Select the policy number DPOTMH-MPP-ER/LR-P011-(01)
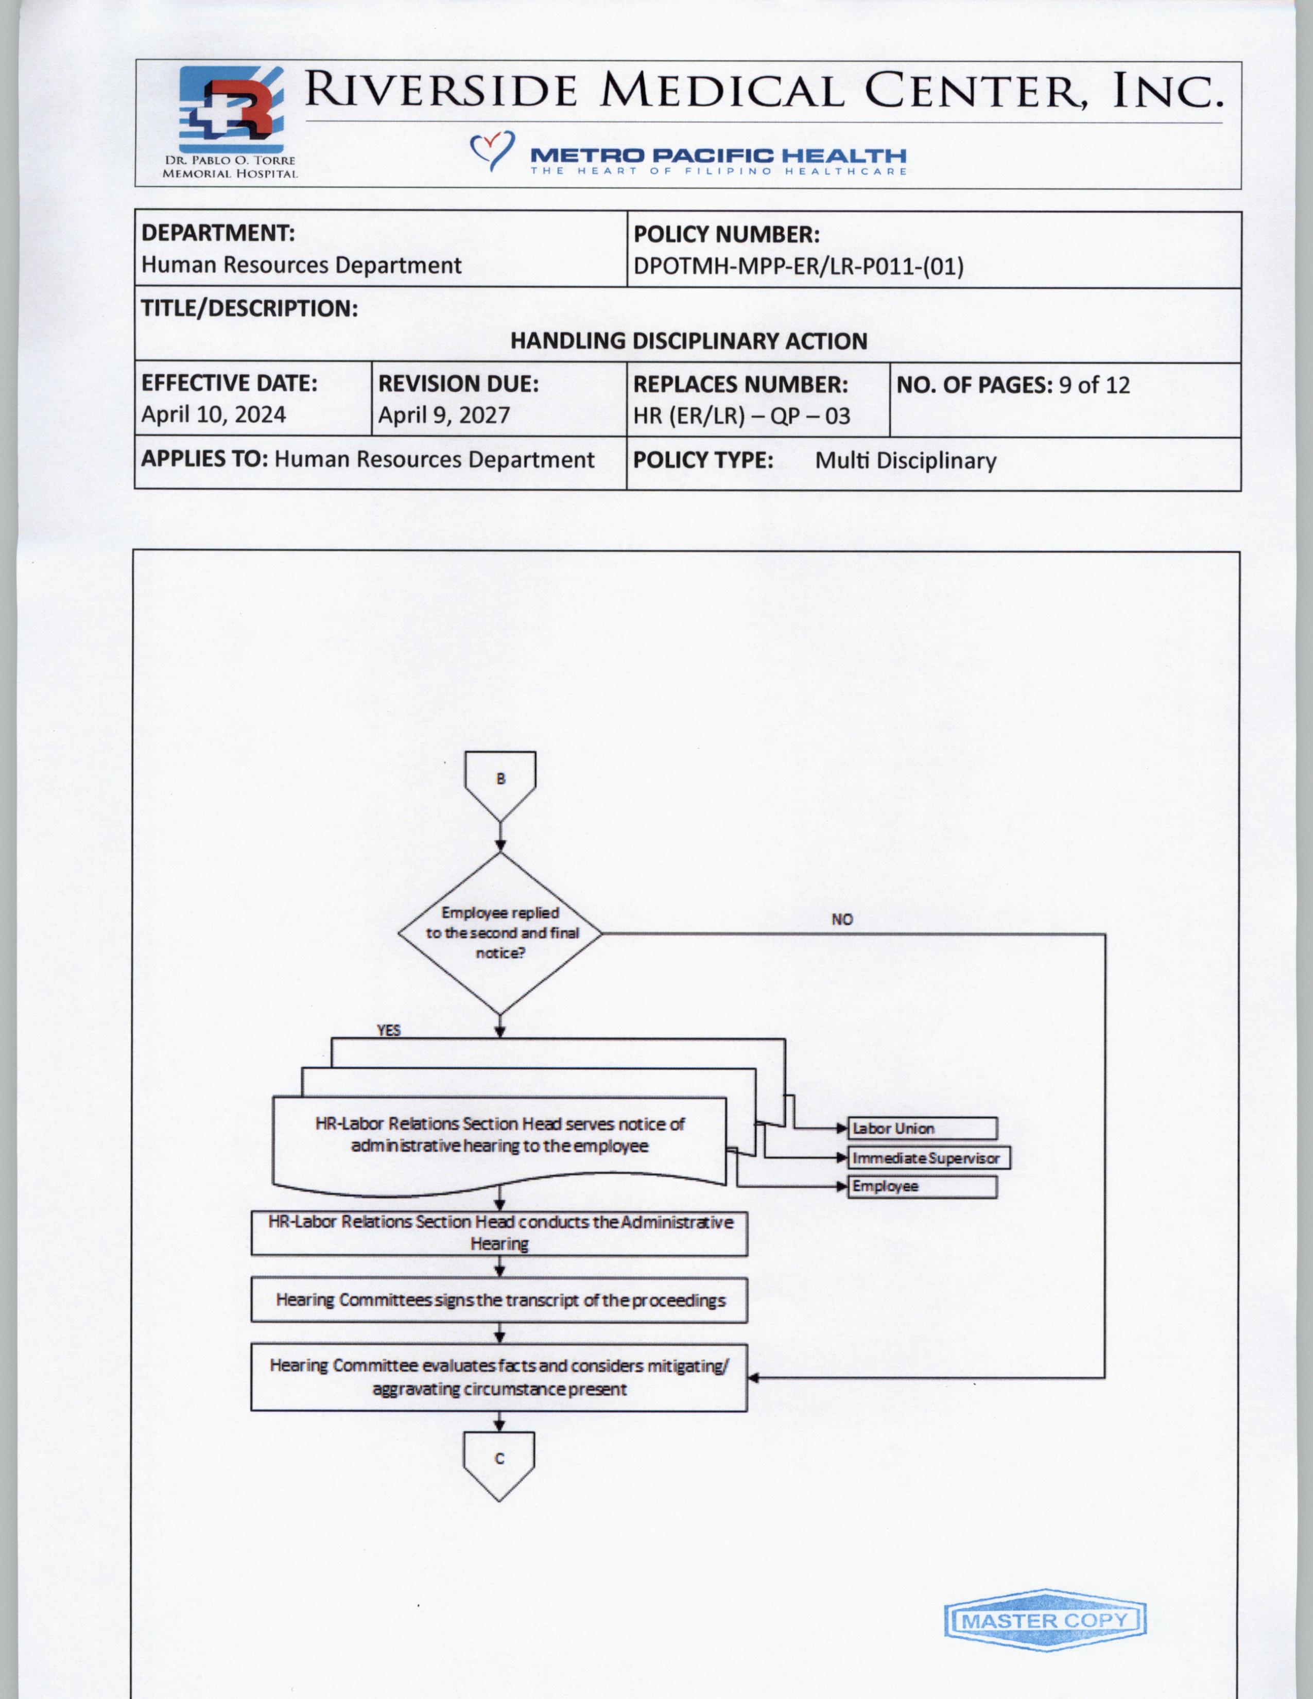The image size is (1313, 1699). click(x=798, y=267)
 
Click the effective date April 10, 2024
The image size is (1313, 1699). click(x=213, y=414)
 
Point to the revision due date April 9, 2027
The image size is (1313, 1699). click(x=443, y=414)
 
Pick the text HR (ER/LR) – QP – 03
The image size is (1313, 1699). click(x=741, y=415)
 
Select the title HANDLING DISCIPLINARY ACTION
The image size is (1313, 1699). click(x=688, y=341)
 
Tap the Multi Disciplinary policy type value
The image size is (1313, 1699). click(x=905, y=461)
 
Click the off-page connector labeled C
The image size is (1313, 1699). click(x=499, y=1463)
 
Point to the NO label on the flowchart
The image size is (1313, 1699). click(x=842, y=920)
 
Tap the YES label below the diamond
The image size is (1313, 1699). click(x=389, y=1030)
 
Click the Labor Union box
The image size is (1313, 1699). click(x=922, y=1128)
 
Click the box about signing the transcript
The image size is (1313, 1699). click(x=499, y=1300)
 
